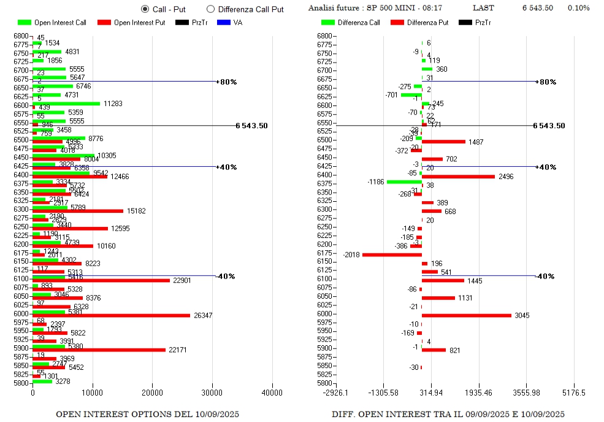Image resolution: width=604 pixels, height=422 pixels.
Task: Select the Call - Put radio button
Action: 145,9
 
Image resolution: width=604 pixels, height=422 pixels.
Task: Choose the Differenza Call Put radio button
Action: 211,9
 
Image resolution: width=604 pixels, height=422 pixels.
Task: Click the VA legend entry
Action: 231,23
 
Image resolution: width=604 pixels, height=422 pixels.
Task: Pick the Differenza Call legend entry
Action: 350,23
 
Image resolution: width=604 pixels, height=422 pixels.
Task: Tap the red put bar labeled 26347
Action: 111,316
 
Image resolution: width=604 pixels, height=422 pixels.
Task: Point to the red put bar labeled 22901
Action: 101,280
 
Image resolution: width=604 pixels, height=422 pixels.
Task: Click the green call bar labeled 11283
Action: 66,104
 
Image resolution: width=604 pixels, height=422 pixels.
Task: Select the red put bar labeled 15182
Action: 78,211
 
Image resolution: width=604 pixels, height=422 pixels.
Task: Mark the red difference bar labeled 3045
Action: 466,316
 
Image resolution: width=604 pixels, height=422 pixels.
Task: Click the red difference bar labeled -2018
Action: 392,255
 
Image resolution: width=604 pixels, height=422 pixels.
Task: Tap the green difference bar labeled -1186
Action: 404,182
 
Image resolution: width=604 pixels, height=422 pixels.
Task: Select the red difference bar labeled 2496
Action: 458,177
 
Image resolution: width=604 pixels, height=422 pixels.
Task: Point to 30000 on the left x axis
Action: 213,393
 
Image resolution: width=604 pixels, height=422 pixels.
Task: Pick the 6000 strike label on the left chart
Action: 21,313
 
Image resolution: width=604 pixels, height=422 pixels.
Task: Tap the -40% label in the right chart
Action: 545,277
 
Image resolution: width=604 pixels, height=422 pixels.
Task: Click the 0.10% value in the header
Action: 578,9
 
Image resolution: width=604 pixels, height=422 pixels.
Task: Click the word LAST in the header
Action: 483,9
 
